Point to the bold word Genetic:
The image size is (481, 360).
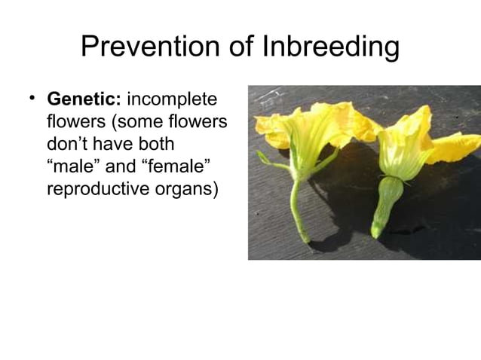pos(84,99)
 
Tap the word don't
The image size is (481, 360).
pos(70,143)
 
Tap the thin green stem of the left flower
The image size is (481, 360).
pos(297,203)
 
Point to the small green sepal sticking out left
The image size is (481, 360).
pos(265,160)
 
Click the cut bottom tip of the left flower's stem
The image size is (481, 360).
pos(305,239)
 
